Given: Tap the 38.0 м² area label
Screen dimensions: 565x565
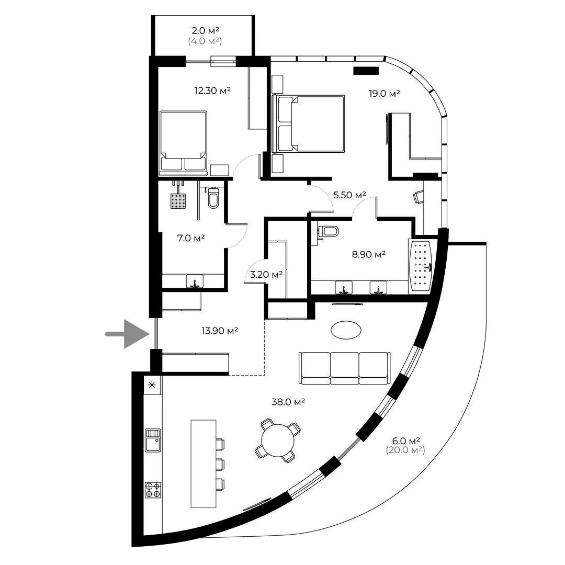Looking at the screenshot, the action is tap(288, 401).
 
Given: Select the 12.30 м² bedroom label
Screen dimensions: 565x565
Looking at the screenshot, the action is tap(212, 91).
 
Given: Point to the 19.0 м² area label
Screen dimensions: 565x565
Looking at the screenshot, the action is tap(384, 94).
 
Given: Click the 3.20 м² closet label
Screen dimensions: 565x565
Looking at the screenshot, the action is tap(266, 275).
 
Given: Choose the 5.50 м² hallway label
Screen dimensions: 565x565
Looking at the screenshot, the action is tap(349, 195).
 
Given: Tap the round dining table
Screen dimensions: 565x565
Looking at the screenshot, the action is tap(278, 440).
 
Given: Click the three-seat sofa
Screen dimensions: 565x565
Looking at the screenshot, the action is tap(344, 368).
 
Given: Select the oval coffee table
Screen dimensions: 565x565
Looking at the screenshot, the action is tap(346, 330).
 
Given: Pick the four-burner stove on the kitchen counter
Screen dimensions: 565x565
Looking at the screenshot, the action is tap(153, 490).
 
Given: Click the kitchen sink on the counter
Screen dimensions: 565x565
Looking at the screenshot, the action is tap(153, 440).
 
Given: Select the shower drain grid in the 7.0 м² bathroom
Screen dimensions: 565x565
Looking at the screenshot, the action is tap(178, 201).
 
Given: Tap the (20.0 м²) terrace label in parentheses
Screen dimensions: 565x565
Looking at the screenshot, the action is tap(405, 450).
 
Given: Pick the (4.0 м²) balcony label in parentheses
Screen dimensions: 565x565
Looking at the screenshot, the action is tap(205, 41).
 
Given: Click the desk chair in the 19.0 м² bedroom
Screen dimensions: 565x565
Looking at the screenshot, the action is tap(419, 197).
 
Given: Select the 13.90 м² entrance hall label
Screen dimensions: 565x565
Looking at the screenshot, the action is tap(220, 331).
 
